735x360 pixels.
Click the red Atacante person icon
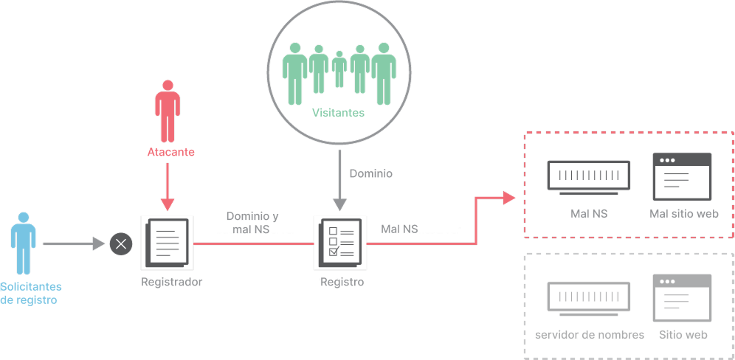click(168, 111)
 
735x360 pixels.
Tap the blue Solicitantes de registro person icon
click(24, 243)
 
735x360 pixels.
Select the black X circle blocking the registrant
click(121, 243)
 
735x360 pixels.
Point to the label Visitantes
click(339, 113)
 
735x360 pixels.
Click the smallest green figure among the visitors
click(339, 69)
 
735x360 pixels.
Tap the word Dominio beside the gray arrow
click(370, 173)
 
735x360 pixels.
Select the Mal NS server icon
click(589, 178)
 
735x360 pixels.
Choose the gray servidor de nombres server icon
click(589, 299)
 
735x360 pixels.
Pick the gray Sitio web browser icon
click(682, 297)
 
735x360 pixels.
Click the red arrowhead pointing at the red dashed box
click(509, 198)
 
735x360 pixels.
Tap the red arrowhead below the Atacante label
click(168, 204)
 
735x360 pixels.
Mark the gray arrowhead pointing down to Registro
click(340, 204)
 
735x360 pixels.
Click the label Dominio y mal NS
click(252, 223)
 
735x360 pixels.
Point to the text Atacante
click(170, 152)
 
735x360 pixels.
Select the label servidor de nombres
click(589, 335)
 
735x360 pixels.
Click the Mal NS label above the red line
click(399, 229)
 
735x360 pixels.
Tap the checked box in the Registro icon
click(334, 252)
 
